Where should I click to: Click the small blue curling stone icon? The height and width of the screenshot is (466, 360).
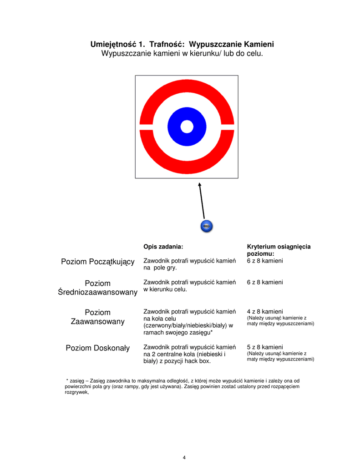(x=207, y=226)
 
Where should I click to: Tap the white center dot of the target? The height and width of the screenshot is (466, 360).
(x=187, y=127)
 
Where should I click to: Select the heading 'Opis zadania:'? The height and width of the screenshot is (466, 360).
(x=163, y=246)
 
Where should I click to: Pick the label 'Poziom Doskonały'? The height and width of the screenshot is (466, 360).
(x=98, y=348)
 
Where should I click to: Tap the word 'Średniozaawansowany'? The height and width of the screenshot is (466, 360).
(x=98, y=292)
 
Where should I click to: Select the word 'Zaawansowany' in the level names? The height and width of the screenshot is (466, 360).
(x=98, y=321)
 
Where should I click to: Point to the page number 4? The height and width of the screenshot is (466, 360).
(x=184, y=457)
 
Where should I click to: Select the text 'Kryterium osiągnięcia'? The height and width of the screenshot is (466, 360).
(x=279, y=246)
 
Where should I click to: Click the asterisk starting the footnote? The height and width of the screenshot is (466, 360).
(x=67, y=380)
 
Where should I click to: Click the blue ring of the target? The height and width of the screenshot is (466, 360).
(x=175, y=127)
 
